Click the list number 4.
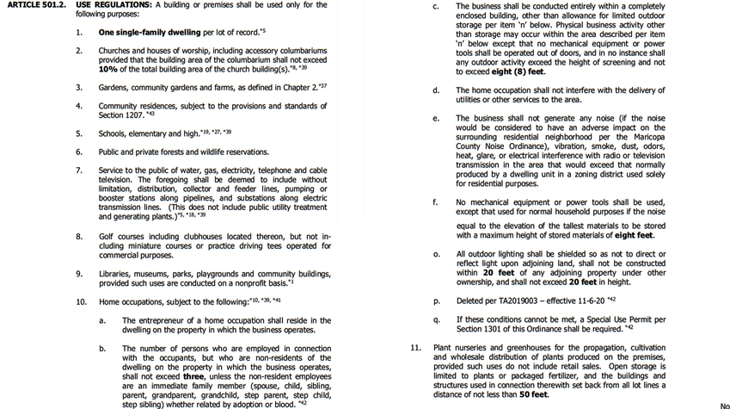(78, 106)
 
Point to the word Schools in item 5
(113, 133)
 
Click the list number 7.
(78, 170)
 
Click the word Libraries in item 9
(116, 274)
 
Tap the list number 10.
(81, 302)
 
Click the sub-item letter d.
(436, 90)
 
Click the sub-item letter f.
(436, 202)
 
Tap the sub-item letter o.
(436, 255)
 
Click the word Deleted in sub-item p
(471, 301)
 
